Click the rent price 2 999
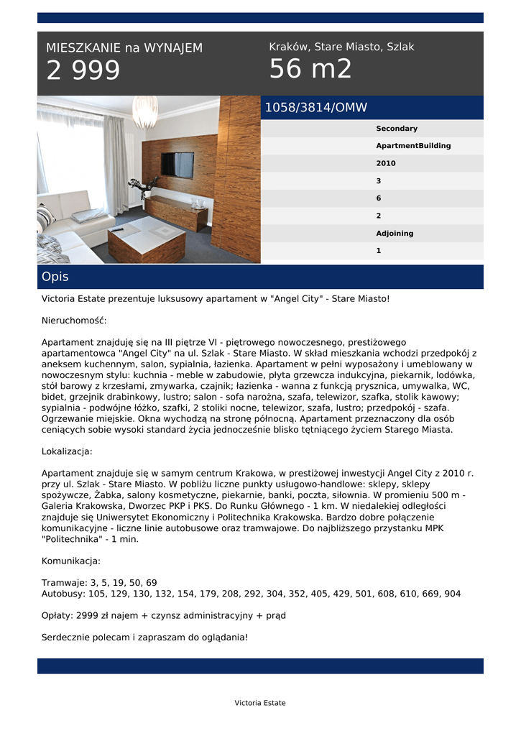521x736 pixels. click(83, 71)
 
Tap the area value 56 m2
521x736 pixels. click(310, 70)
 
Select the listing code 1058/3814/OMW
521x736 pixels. click(316, 108)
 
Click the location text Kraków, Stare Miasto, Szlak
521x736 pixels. click(341, 47)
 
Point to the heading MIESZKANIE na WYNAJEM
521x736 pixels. click(124, 48)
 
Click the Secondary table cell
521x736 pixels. click(397, 129)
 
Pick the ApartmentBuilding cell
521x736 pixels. click(413, 146)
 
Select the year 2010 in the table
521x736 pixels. click(386, 163)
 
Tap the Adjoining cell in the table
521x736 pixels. click(395, 234)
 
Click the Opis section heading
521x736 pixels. click(55, 277)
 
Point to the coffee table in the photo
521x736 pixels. click(147, 241)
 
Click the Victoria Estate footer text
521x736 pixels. click(260, 703)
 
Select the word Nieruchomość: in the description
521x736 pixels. click(74, 320)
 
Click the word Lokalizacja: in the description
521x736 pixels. click(68, 451)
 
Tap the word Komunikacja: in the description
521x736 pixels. click(71, 561)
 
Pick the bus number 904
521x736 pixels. click(453, 594)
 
